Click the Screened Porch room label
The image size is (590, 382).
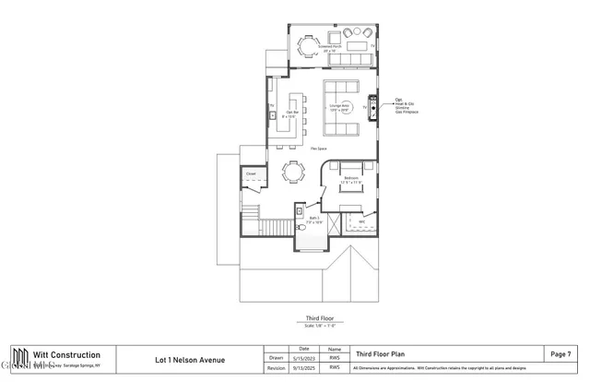click(x=331, y=46)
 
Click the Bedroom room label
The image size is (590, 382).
click(x=351, y=179)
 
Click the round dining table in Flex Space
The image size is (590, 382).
click(x=293, y=171)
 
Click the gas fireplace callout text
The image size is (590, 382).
click(x=400, y=104)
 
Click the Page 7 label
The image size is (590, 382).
click(x=560, y=353)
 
